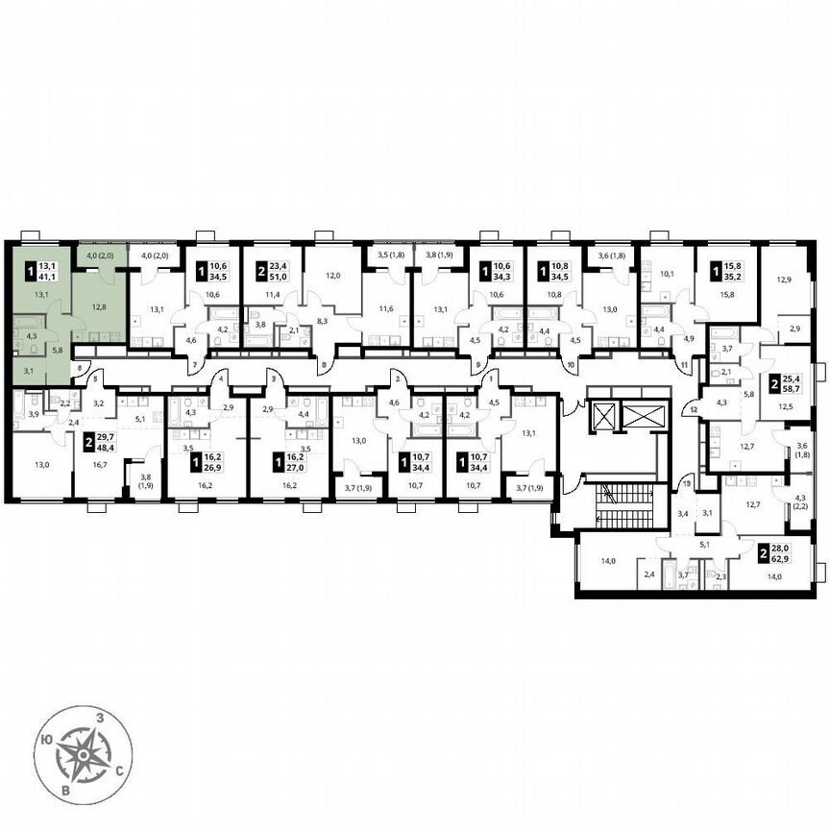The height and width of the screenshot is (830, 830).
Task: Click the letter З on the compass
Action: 98,717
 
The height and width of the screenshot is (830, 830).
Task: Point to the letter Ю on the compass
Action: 46,740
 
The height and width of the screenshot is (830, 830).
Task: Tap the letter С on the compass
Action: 117,769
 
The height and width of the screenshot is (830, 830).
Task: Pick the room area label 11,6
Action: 385,308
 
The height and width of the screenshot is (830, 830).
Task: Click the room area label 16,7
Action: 98,464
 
